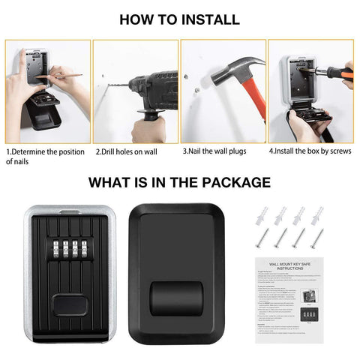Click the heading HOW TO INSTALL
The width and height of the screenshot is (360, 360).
click(x=179, y=19)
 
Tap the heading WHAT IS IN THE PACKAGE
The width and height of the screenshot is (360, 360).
click(x=179, y=182)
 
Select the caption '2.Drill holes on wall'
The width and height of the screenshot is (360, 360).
click(x=126, y=151)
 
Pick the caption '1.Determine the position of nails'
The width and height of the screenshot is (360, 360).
click(x=45, y=155)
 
